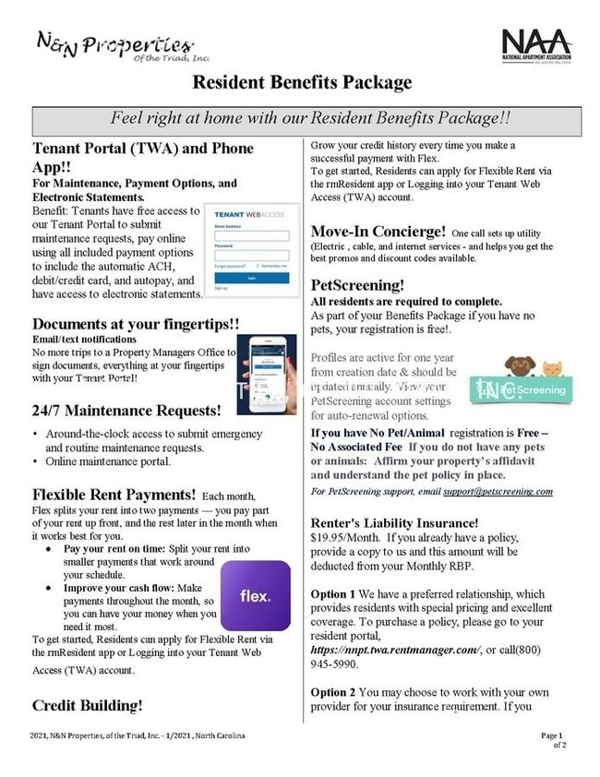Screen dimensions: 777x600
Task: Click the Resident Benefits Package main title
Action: pos(302,83)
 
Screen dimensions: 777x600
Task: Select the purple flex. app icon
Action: pos(255,595)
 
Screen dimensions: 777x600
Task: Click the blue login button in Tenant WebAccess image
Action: pos(251,277)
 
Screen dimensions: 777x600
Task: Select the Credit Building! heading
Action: pos(88,705)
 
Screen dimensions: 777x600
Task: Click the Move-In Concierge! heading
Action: pos(378,231)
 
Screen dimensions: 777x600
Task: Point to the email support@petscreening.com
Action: pos(510,491)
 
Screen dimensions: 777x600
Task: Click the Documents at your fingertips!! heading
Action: pos(136,324)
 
